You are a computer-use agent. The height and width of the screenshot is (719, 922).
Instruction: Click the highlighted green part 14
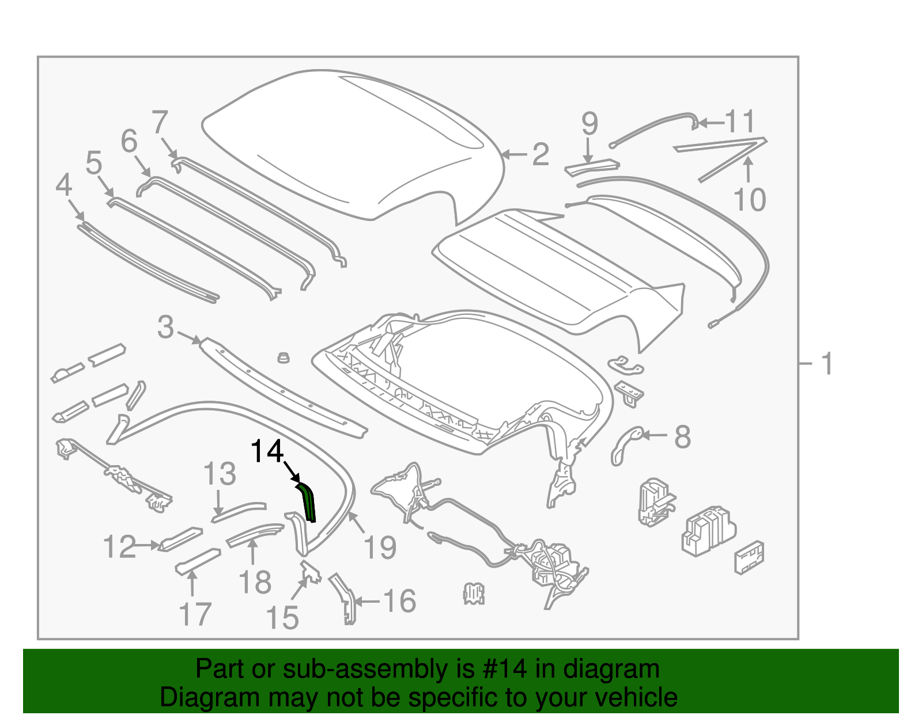pyautogui.click(x=309, y=503)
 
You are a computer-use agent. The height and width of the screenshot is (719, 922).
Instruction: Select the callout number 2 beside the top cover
pyautogui.click(x=540, y=154)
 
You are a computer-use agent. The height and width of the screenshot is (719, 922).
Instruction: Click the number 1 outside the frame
pyautogui.click(x=826, y=364)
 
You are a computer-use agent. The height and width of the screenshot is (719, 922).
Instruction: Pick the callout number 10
pyautogui.click(x=749, y=200)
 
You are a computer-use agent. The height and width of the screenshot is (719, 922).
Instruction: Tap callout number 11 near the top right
pyautogui.click(x=739, y=121)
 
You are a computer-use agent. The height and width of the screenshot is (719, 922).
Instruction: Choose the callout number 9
pyautogui.click(x=589, y=123)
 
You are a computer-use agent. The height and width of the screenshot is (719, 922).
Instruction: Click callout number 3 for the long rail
pyautogui.click(x=165, y=327)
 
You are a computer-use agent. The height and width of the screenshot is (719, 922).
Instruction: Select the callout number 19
pyautogui.click(x=380, y=547)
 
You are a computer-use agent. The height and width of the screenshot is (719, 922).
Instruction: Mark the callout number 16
pyautogui.click(x=399, y=601)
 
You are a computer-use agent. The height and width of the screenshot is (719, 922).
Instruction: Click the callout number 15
pyautogui.click(x=282, y=618)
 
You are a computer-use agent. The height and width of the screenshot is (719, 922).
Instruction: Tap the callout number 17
pyautogui.click(x=195, y=614)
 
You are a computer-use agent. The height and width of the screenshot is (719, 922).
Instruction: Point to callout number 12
pyautogui.click(x=119, y=547)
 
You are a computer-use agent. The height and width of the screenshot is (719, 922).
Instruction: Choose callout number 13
pyautogui.click(x=220, y=474)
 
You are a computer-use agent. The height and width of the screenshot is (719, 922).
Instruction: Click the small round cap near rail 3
pyautogui.click(x=283, y=357)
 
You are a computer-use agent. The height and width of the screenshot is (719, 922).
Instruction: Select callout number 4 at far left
pyautogui.click(x=64, y=185)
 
